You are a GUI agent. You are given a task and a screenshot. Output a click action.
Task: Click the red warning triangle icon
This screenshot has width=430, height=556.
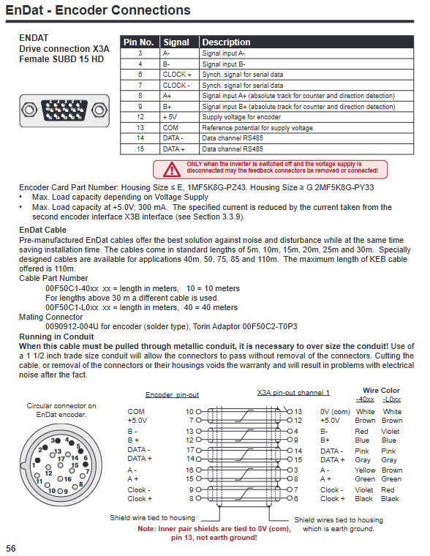(172, 170)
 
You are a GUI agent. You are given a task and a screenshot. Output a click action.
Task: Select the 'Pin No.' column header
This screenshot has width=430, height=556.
(139, 42)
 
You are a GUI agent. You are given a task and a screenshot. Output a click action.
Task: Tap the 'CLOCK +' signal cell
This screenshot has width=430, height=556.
(177, 75)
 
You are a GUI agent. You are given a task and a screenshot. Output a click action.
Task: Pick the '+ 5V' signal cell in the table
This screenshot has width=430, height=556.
(170, 117)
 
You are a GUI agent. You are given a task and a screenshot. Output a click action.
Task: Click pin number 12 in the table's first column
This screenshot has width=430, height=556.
(140, 117)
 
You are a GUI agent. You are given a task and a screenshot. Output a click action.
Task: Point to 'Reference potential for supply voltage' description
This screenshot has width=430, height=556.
(257, 127)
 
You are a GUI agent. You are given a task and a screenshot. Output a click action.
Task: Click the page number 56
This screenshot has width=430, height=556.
(11, 548)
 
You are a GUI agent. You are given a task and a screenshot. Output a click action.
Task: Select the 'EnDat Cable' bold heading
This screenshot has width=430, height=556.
(42, 230)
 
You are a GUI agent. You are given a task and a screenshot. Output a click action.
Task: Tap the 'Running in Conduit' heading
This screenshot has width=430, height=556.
(56, 337)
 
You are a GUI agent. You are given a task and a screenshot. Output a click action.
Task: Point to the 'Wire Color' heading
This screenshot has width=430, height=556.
(381, 391)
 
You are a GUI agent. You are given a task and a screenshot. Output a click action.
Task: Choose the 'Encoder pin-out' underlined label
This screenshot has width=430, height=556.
(172, 394)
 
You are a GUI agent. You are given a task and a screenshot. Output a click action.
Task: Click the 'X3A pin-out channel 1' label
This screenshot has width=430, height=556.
(293, 393)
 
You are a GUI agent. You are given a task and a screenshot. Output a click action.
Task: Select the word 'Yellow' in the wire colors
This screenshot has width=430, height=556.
(365, 470)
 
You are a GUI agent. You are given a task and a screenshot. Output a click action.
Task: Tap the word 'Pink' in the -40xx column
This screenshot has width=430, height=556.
(361, 451)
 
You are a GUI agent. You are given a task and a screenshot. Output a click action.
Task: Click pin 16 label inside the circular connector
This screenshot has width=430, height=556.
(67, 478)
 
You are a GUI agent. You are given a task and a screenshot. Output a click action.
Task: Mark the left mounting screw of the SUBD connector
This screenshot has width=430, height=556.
(29, 110)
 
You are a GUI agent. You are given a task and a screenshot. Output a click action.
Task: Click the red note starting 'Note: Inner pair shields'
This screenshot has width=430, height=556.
(214, 533)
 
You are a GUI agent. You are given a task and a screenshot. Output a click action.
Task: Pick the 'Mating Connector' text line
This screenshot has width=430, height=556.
(50, 317)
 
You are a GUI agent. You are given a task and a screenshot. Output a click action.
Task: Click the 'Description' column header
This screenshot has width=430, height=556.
(226, 42)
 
